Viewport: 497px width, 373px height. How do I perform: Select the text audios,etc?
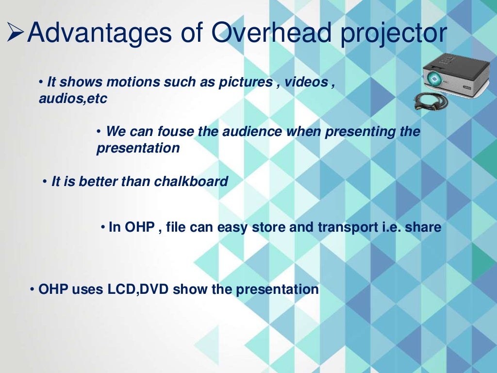pos(73,99)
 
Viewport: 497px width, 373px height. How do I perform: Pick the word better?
pos(99,182)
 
